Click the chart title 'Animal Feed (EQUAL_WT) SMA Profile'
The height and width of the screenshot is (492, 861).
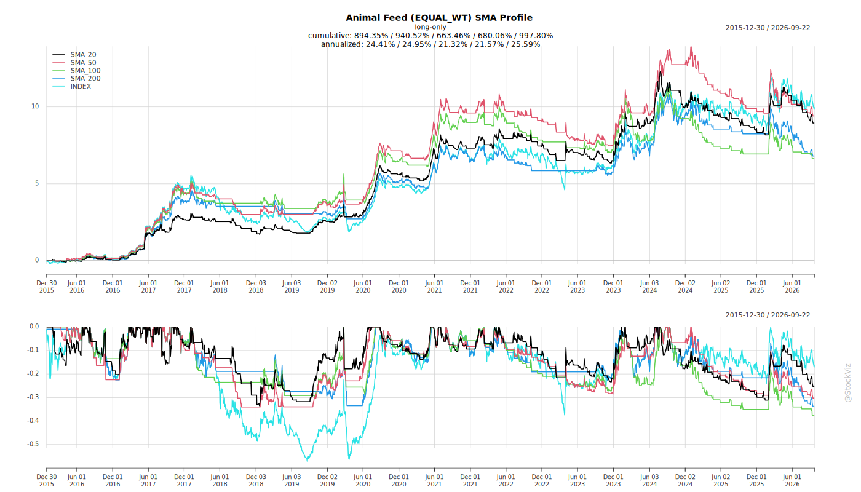(439, 18)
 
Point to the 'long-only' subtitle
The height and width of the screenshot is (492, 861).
(430, 27)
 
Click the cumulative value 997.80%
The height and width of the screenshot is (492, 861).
(536, 36)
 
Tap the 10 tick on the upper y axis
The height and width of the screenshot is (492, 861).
(35, 106)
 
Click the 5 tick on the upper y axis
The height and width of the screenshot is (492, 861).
(37, 183)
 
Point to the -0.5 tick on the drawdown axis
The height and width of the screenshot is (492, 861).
(33, 444)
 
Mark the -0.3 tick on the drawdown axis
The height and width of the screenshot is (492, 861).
(33, 397)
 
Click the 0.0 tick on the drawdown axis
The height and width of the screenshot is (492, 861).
(34, 327)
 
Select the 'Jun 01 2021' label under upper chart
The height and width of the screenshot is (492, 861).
(434, 287)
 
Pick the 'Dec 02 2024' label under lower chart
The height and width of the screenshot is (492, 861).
(685, 480)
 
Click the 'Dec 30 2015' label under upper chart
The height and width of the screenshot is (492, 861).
(47, 287)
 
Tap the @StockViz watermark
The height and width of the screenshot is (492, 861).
(848, 383)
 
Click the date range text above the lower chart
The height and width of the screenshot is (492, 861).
(768, 315)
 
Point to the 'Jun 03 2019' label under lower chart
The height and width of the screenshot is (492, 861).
(292, 480)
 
